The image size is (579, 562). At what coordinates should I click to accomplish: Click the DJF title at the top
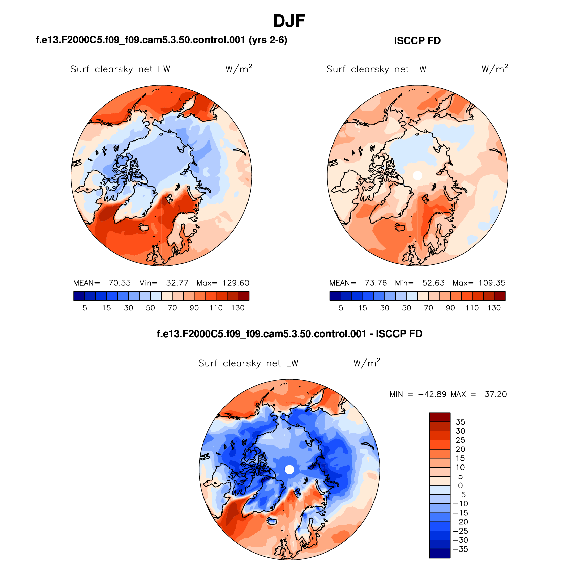pyautogui.click(x=289, y=21)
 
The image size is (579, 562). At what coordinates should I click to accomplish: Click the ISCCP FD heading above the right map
pyautogui.click(x=417, y=41)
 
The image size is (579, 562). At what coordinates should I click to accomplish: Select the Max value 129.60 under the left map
pyautogui.click(x=236, y=283)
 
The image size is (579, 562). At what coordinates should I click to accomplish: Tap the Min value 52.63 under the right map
pyautogui.click(x=433, y=283)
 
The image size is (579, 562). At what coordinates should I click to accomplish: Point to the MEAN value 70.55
pyautogui.click(x=120, y=283)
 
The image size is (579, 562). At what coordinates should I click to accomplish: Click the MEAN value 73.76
pyautogui.click(x=376, y=283)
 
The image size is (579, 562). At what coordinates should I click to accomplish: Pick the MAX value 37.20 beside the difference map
pyautogui.click(x=495, y=394)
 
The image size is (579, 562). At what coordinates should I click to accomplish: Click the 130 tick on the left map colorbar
pyautogui.click(x=238, y=308)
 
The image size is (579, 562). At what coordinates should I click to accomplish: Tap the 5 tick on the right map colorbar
pyautogui.click(x=341, y=308)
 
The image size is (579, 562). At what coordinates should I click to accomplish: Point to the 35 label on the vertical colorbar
pyautogui.click(x=460, y=422)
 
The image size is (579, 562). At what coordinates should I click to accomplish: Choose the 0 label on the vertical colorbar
pyautogui.click(x=460, y=486)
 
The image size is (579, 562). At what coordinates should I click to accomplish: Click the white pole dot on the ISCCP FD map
pyautogui.click(x=417, y=175)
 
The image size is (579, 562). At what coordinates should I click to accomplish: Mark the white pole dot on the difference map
pyautogui.click(x=289, y=469)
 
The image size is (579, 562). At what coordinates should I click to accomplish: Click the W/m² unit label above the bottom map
pyautogui.click(x=366, y=363)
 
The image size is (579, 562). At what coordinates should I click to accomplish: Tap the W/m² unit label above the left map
pyautogui.click(x=238, y=69)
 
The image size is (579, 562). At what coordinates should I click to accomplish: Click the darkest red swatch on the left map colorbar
pyautogui.click(x=243, y=296)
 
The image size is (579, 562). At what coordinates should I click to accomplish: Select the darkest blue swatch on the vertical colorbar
pyautogui.click(x=439, y=554)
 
